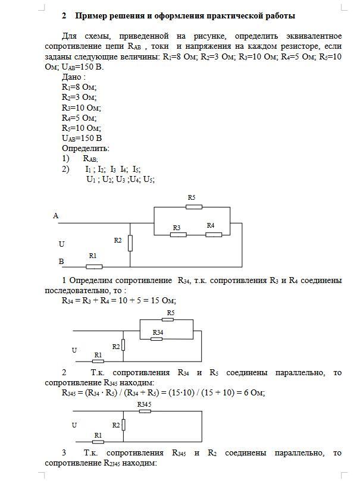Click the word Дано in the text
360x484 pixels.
[x=72, y=77]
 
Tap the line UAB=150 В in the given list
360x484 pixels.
[x=82, y=138]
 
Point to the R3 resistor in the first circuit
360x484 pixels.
[x=178, y=234]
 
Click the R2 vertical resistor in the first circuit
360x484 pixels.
[x=130, y=243]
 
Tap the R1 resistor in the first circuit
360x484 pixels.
[x=94, y=266]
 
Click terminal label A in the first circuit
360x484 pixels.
[x=56, y=216]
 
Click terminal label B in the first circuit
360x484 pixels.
[x=61, y=261]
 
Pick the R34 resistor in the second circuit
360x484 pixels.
[x=156, y=339]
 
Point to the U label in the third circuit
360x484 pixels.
[x=74, y=425]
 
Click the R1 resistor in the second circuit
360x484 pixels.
[x=98, y=360]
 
